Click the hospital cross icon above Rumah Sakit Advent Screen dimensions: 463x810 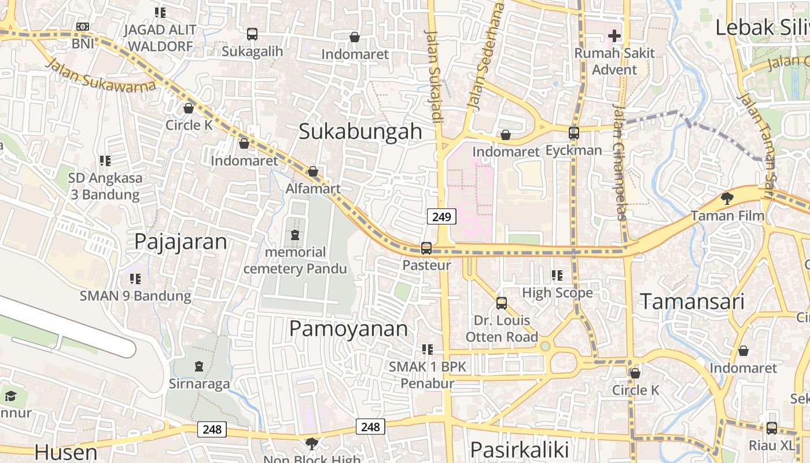(x=614, y=36)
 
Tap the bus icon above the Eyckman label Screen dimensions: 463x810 (x=574, y=133)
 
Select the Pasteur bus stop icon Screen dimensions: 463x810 (x=426, y=248)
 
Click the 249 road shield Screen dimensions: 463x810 (x=441, y=217)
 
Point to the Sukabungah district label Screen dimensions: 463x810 (x=360, y=131)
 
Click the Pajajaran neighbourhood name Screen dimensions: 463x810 (x=181, y=241)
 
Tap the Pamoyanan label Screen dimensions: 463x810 (x=348, y=329)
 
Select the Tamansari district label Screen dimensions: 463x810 (x=692, y=302)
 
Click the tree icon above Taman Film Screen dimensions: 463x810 (x=727, y=199)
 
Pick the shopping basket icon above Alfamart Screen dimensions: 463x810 (x=313, y=171)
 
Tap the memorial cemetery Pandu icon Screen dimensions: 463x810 (x=295, y=235)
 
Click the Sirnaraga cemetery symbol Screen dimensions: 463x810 (x=199, y=366)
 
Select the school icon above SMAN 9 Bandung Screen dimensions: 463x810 (x=135, y=279)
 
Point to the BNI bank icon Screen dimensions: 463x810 (x=83, y=27)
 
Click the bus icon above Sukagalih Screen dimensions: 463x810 (x=252, y=34)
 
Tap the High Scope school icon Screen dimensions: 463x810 (x=557, y=275)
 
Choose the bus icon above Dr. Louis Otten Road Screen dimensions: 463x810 (x=502, y=303)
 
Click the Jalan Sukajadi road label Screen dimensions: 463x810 (x=435, y=75)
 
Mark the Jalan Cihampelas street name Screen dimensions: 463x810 (x=619, y=162)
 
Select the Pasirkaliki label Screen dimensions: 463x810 (x=520, y=450)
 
